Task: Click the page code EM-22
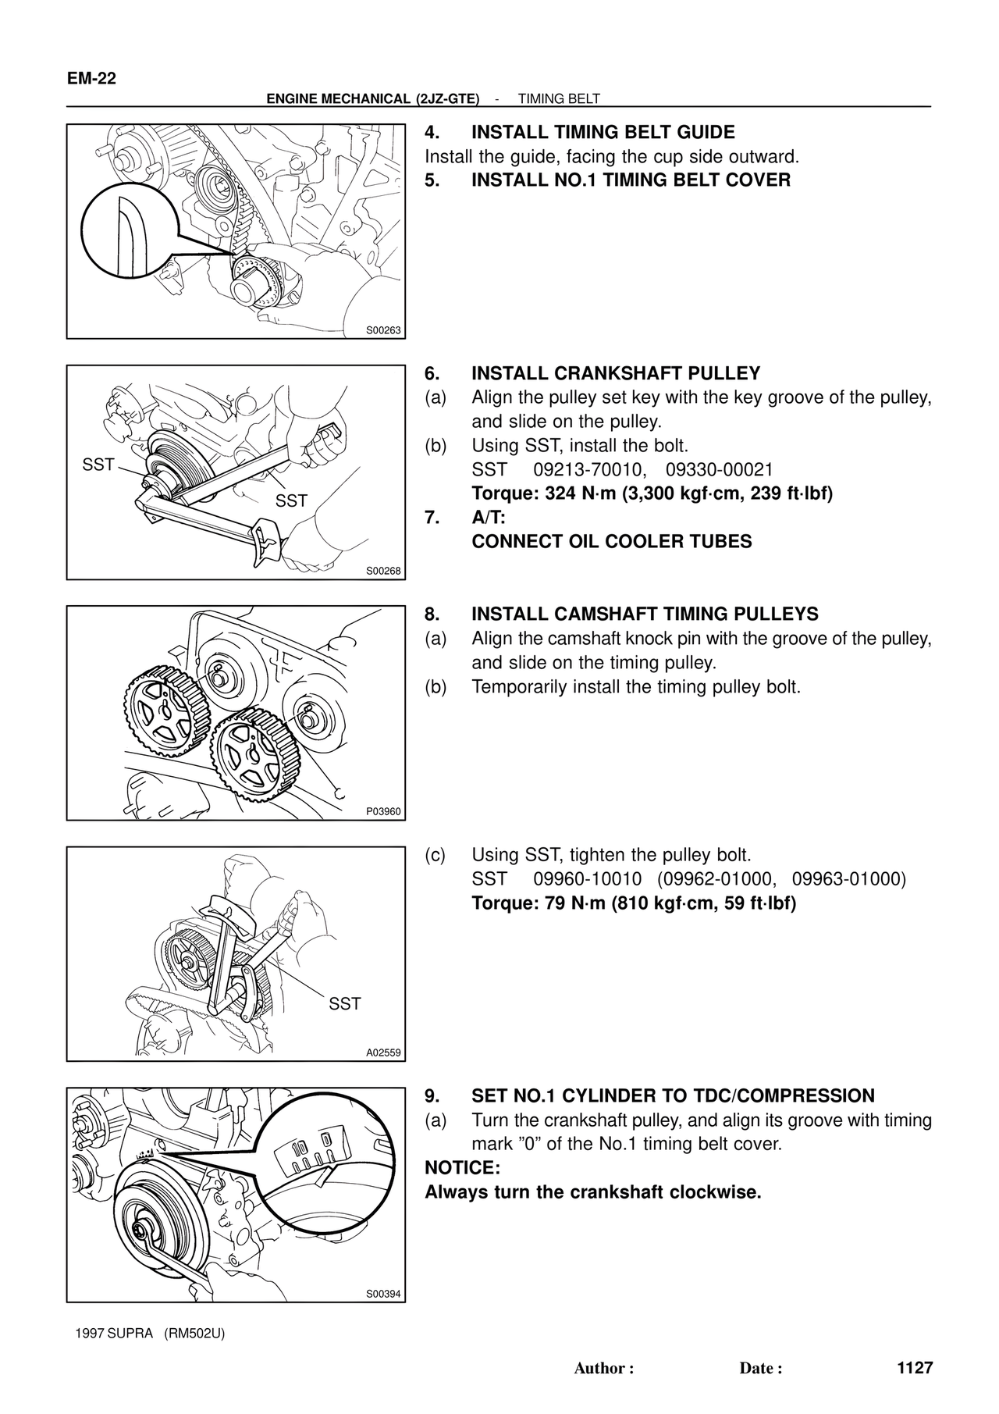(92, 79)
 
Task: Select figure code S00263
(383, 330)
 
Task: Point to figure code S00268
(383, 571)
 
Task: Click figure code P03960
(383, 811)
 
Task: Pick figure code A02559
(383, 1052)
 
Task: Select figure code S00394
(383, 1294)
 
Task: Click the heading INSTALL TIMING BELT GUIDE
(603, 132)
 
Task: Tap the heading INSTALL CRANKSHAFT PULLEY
(616, 373)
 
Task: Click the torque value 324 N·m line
(652, 494)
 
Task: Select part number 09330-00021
(719, 470)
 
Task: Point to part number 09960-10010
(588, 879)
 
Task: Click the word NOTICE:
(462, 1168)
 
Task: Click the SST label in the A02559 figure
(345, 1003)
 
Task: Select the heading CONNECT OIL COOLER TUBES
(612, 542)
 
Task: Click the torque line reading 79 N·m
(634, 904)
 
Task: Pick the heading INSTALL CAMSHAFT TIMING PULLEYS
(645, 614)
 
